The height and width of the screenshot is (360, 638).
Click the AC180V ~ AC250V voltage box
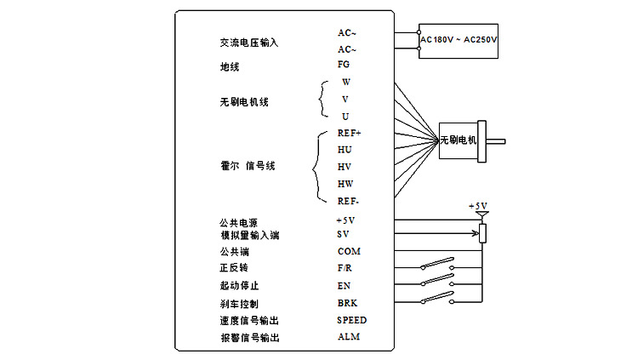coord(459,40)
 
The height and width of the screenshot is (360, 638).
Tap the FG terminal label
coord(344,64)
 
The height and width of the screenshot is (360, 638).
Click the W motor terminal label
coord(346,83)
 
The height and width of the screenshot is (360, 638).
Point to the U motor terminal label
coord(345,116)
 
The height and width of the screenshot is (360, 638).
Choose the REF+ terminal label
coord(349,133)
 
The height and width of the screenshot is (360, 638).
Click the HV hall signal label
coord(345,166)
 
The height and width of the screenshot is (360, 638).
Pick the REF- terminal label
coord(348,201)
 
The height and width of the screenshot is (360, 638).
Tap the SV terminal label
coord(343,234)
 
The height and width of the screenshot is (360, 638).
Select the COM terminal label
coord(349,251)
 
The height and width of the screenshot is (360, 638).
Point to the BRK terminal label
coord(346,302)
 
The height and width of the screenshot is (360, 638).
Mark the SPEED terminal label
coord(351,320)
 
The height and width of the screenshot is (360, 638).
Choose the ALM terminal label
coord(347,338)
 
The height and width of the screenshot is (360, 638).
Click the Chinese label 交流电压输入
coord(249,43)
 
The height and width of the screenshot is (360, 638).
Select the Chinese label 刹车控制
coord(239,304)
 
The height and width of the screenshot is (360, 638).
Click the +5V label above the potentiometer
coord(479,206)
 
